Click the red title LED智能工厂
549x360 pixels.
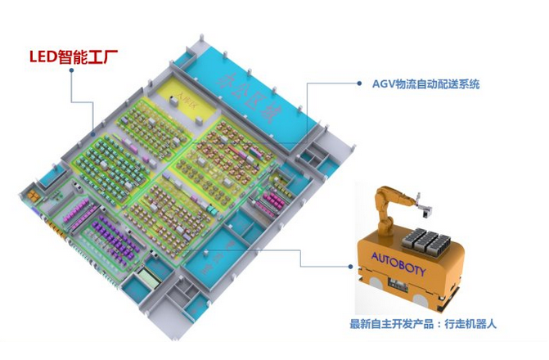pos(74,57)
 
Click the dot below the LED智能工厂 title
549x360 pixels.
pos(72,71)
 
